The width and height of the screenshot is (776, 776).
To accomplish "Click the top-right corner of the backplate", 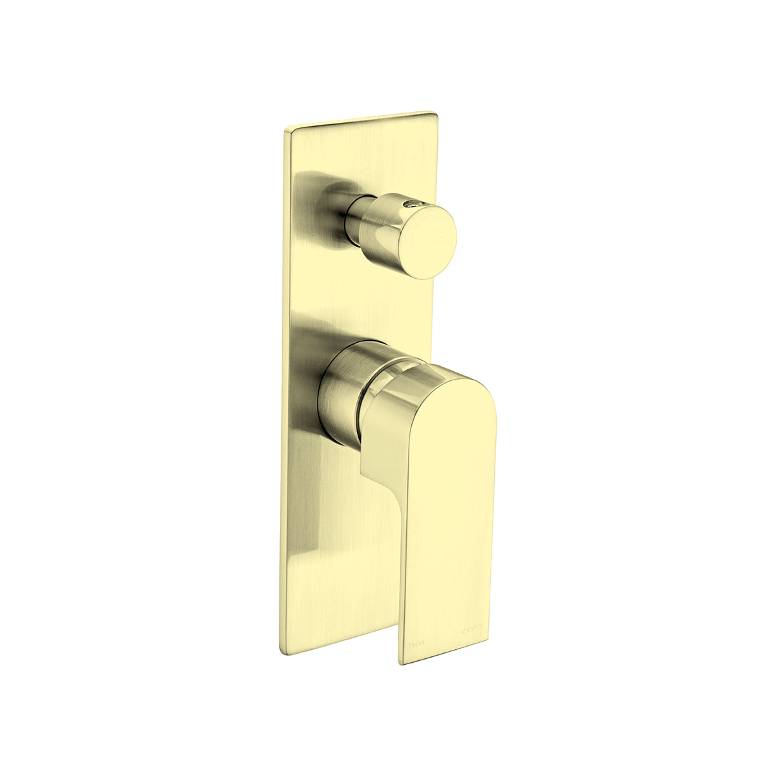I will [435, 115].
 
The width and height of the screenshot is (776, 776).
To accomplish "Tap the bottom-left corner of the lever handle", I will [402, 662].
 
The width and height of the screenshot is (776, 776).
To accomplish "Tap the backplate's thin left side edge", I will [283, 388].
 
